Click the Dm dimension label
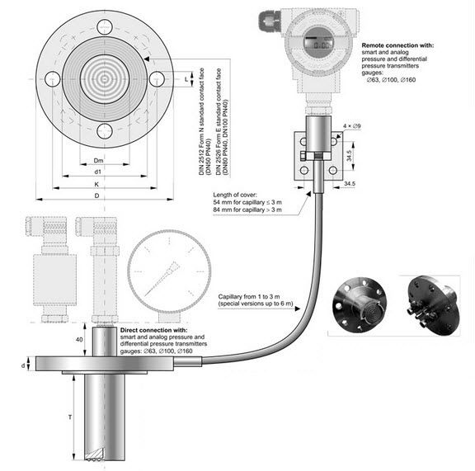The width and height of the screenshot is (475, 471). tap(98, 161)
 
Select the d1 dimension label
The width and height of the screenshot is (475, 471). tap(98, 172)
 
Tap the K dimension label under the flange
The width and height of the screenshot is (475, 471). tap(98, 183)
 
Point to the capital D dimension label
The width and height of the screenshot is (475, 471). tap(97, 195)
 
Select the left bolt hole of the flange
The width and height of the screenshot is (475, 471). tap(52, 79)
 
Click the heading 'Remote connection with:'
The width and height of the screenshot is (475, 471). tap(398, 44)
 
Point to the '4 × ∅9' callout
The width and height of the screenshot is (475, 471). tap(354, 125)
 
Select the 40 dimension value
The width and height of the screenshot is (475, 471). tap(79, 339)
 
